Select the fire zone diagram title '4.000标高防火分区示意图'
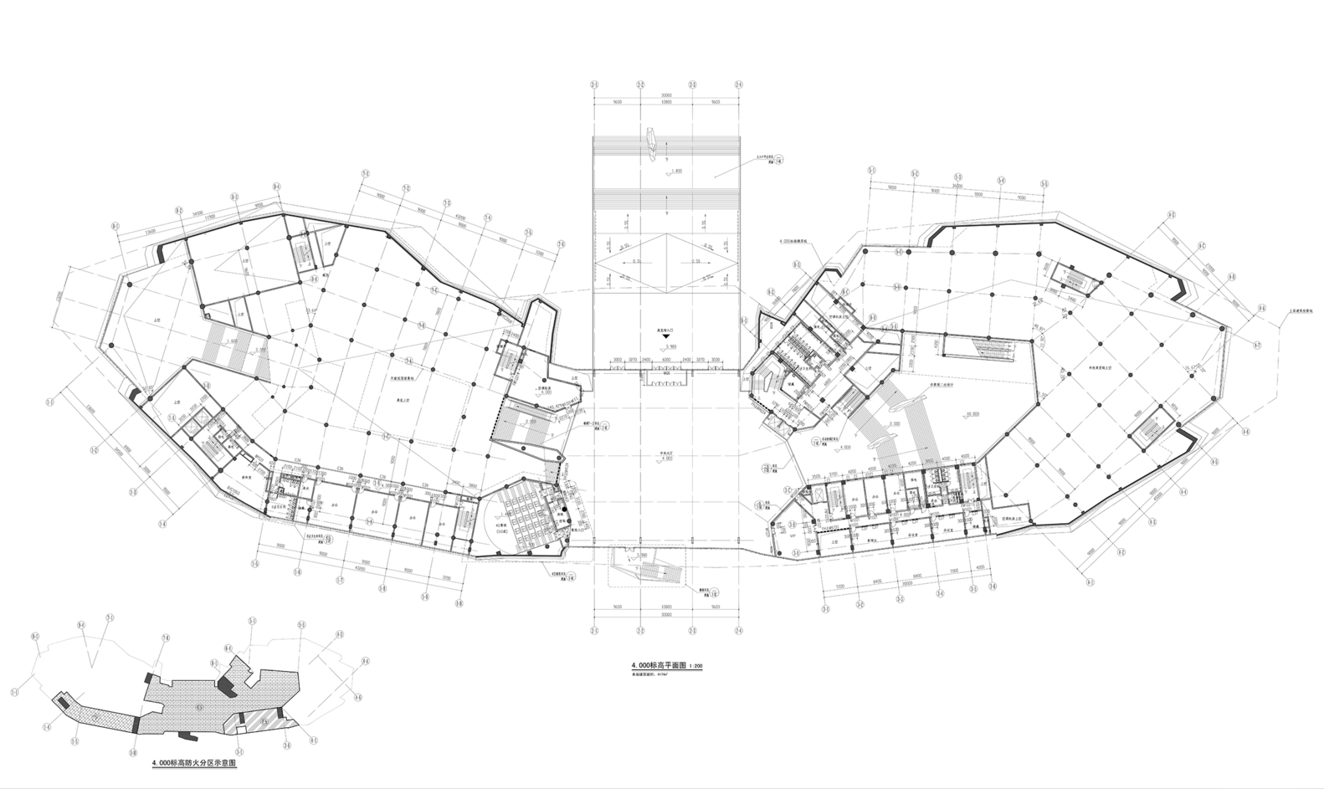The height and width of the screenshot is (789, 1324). (195, 764)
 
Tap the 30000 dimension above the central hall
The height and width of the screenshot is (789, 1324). (665, 95)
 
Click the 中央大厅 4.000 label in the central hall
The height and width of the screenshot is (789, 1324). (665, 457)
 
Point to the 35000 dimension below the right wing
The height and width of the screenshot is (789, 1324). (908, 587)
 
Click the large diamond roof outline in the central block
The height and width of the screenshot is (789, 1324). (665, 261)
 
